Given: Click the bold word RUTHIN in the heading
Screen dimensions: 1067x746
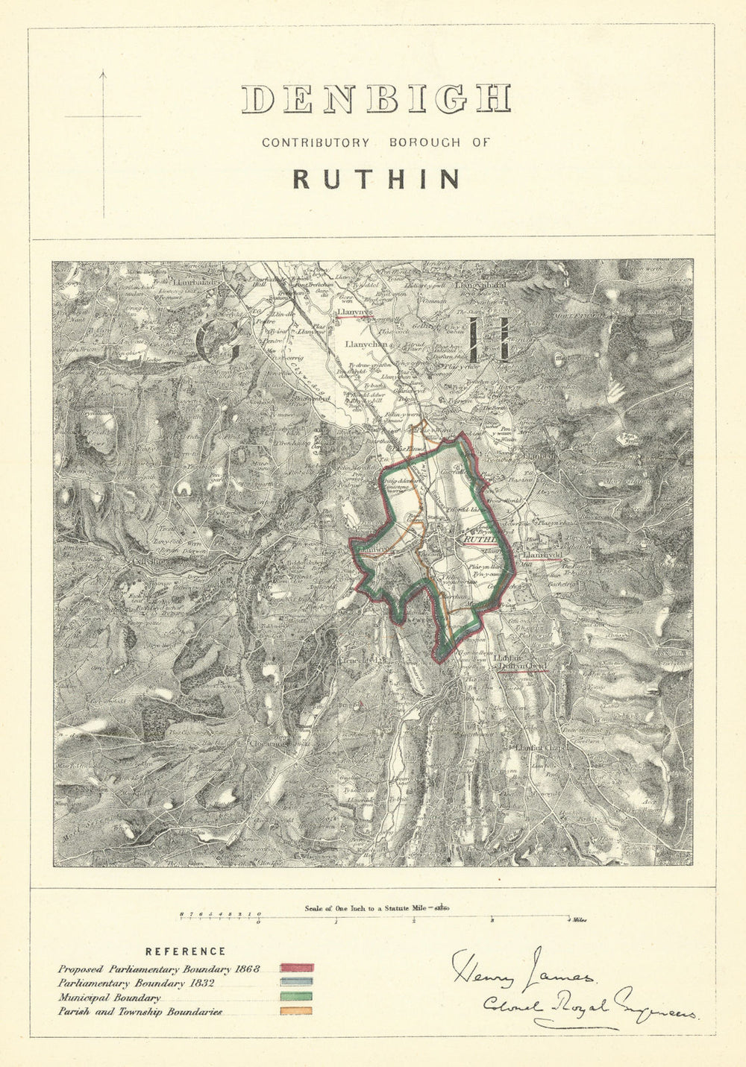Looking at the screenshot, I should (x=376, y=179).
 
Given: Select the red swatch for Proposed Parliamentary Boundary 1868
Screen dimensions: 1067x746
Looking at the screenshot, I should (x=296, y=969).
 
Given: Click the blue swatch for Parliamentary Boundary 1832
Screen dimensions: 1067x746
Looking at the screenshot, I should (x=296, y=983).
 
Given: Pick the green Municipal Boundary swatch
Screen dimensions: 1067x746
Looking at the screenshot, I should (x=296, y=997).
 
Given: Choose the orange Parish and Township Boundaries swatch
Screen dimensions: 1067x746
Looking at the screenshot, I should (x=296, y=1011).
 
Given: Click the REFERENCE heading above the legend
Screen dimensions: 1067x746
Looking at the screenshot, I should (x=185, y=951).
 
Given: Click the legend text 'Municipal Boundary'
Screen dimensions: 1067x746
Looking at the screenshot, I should (x=109, y=998).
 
